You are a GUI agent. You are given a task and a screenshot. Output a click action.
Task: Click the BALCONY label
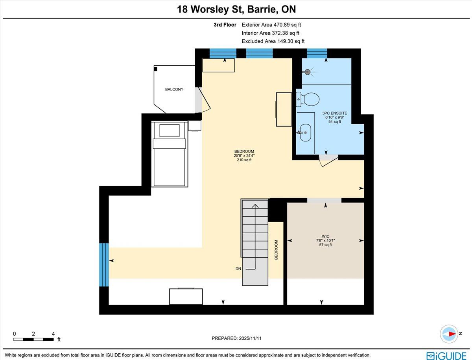pos(174,89)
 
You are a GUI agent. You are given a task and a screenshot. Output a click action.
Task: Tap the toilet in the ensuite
pos(308,100)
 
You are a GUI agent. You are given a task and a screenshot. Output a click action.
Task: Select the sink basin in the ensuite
pos(305,133)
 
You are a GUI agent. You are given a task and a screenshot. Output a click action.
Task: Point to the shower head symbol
pos(308,72)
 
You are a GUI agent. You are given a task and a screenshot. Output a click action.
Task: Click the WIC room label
pos(325,236)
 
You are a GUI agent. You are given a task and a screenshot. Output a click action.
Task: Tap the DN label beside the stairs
pos(238,269)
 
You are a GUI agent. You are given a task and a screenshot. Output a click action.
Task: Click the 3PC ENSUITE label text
pos(335,113)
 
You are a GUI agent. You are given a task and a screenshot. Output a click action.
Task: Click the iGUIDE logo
pos(446,356)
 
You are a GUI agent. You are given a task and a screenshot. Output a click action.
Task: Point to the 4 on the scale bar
pos(53,334)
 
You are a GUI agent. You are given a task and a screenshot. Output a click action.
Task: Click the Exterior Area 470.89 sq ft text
pos(271,25)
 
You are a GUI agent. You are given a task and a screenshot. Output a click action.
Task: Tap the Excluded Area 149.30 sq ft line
pos(273,41)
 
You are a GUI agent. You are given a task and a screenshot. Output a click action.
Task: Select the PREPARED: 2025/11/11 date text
pos(236,338)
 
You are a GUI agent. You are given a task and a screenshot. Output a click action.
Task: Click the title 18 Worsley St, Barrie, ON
pos(236,9)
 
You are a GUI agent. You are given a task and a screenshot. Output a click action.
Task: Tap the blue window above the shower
pos(317,54)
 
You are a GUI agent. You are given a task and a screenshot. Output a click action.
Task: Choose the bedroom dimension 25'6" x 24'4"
pos(244,156)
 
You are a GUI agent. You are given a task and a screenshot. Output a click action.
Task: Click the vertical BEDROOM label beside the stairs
pos(277,250)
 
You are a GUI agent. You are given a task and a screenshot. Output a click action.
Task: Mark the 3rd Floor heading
pos(225,25)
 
